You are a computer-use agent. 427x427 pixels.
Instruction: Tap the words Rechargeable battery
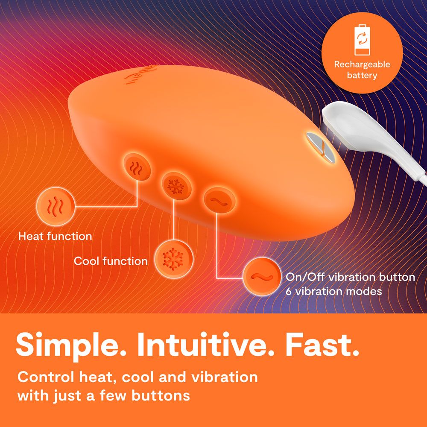click(x=362, y=70)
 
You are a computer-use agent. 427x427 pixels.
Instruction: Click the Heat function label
click(x=55, y=236)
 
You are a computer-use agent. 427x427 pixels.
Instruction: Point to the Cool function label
click(x=111, y=261)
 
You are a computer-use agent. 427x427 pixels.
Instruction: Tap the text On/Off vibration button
click(x=350, y=277)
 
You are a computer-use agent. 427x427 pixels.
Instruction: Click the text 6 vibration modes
click(x=333, y=292)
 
